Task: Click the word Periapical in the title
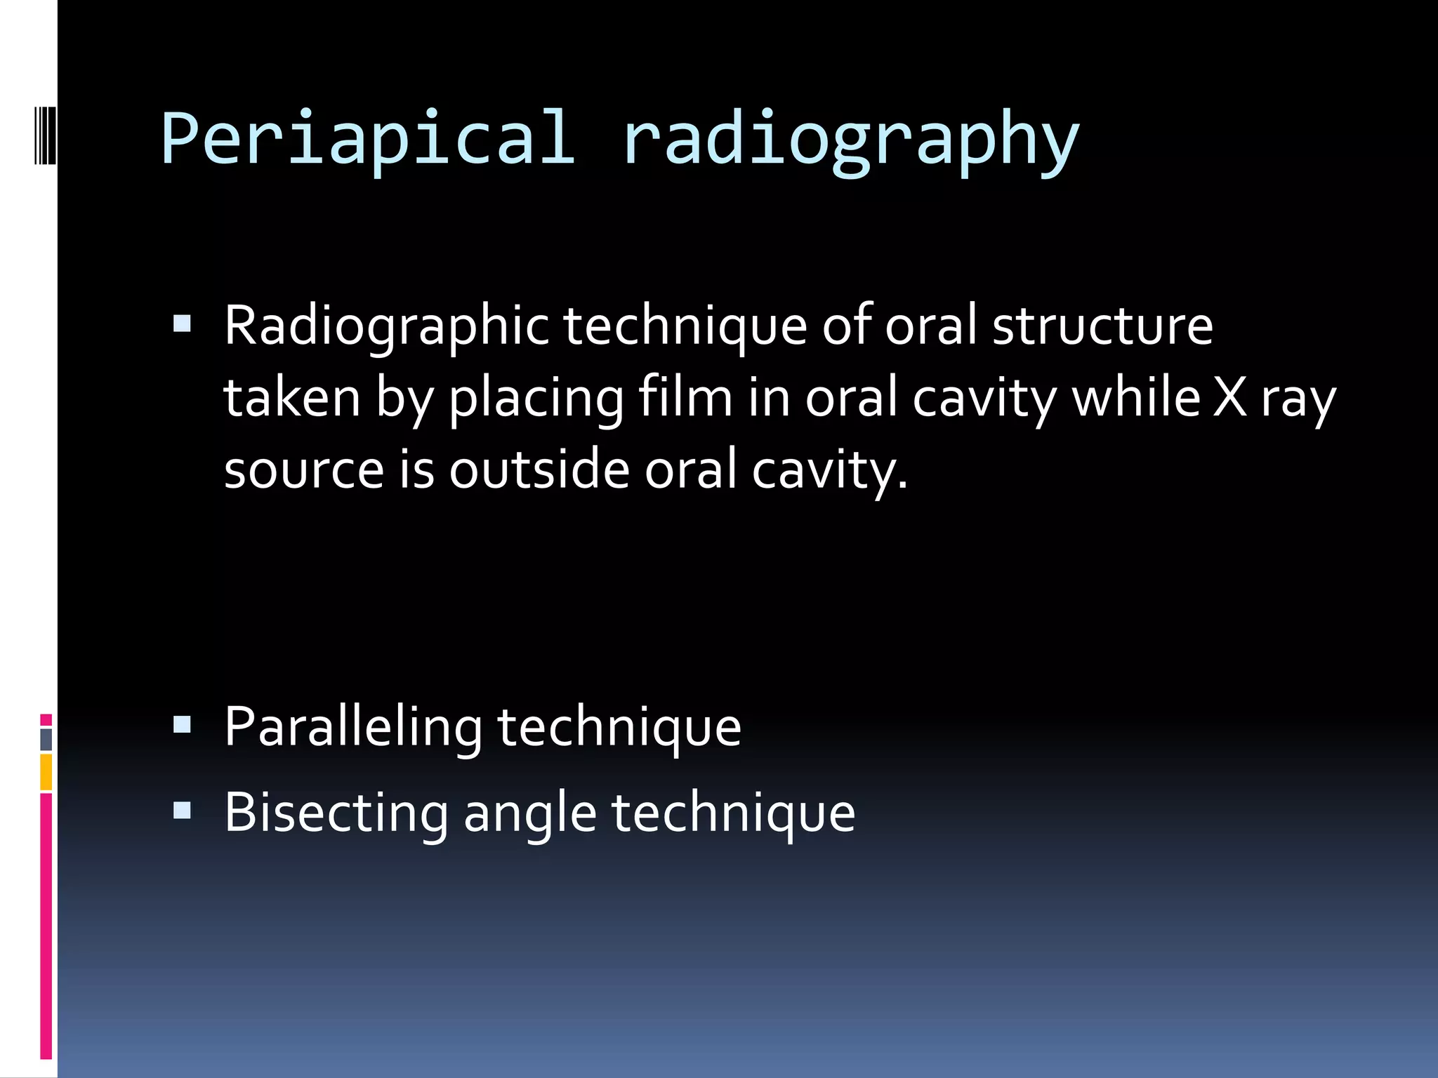coord(368,138)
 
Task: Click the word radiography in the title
coord(850,138)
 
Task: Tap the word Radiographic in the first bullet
coord(386,326)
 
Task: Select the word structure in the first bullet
coord(1102,326)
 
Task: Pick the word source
coord(303,470)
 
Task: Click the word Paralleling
coord(352,728)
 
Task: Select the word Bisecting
coord(336,813)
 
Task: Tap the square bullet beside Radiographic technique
coord(182,324)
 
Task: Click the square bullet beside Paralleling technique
coord(182,724)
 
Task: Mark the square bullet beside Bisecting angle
coord(182,811)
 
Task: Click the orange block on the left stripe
coord(46,772)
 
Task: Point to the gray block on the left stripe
coord(46,739)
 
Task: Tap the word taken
coord(291,398)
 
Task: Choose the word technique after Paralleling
coord(619,728)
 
